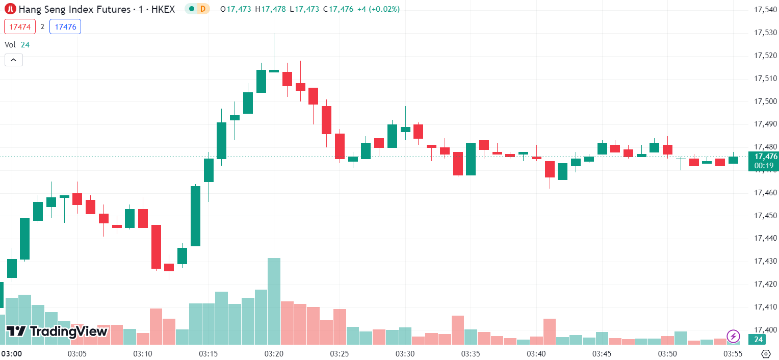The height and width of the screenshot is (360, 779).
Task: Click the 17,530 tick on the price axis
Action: [x=765, y=33]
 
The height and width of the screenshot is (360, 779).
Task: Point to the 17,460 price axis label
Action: [x=765, y=193]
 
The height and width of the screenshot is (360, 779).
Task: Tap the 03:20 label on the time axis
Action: [x=274, y=353]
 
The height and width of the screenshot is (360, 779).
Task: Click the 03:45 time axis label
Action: [x=602, y=353]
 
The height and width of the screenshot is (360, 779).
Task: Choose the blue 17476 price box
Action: [x=65, y=27]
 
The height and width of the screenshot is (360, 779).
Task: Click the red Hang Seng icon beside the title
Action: [x=10, y=9]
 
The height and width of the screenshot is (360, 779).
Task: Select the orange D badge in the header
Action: [x=203, y=9]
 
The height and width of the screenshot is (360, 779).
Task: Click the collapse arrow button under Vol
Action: [x=14, y=60]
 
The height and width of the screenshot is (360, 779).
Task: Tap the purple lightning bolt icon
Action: [x=733, y=336]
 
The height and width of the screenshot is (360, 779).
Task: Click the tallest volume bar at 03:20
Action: [x=274, y=301]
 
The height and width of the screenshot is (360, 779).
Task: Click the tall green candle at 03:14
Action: [x=195, y=216]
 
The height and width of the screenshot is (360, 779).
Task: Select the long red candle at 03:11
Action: [x=156, y=246]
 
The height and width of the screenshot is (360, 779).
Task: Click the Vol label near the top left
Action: [x=10, y=45]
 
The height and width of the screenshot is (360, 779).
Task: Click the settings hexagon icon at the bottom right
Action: [x=765, y=353]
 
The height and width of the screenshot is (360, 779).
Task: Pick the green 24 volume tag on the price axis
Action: [x=759, y=340]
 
